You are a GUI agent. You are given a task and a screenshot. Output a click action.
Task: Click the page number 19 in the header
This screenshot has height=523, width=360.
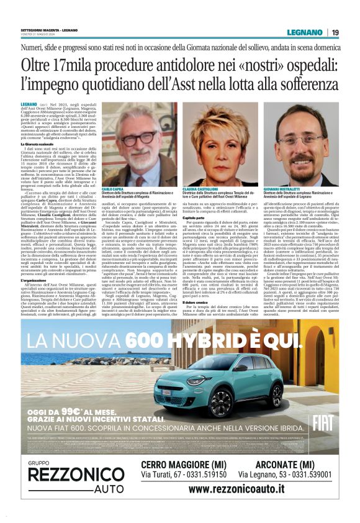[x=335, y=32]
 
